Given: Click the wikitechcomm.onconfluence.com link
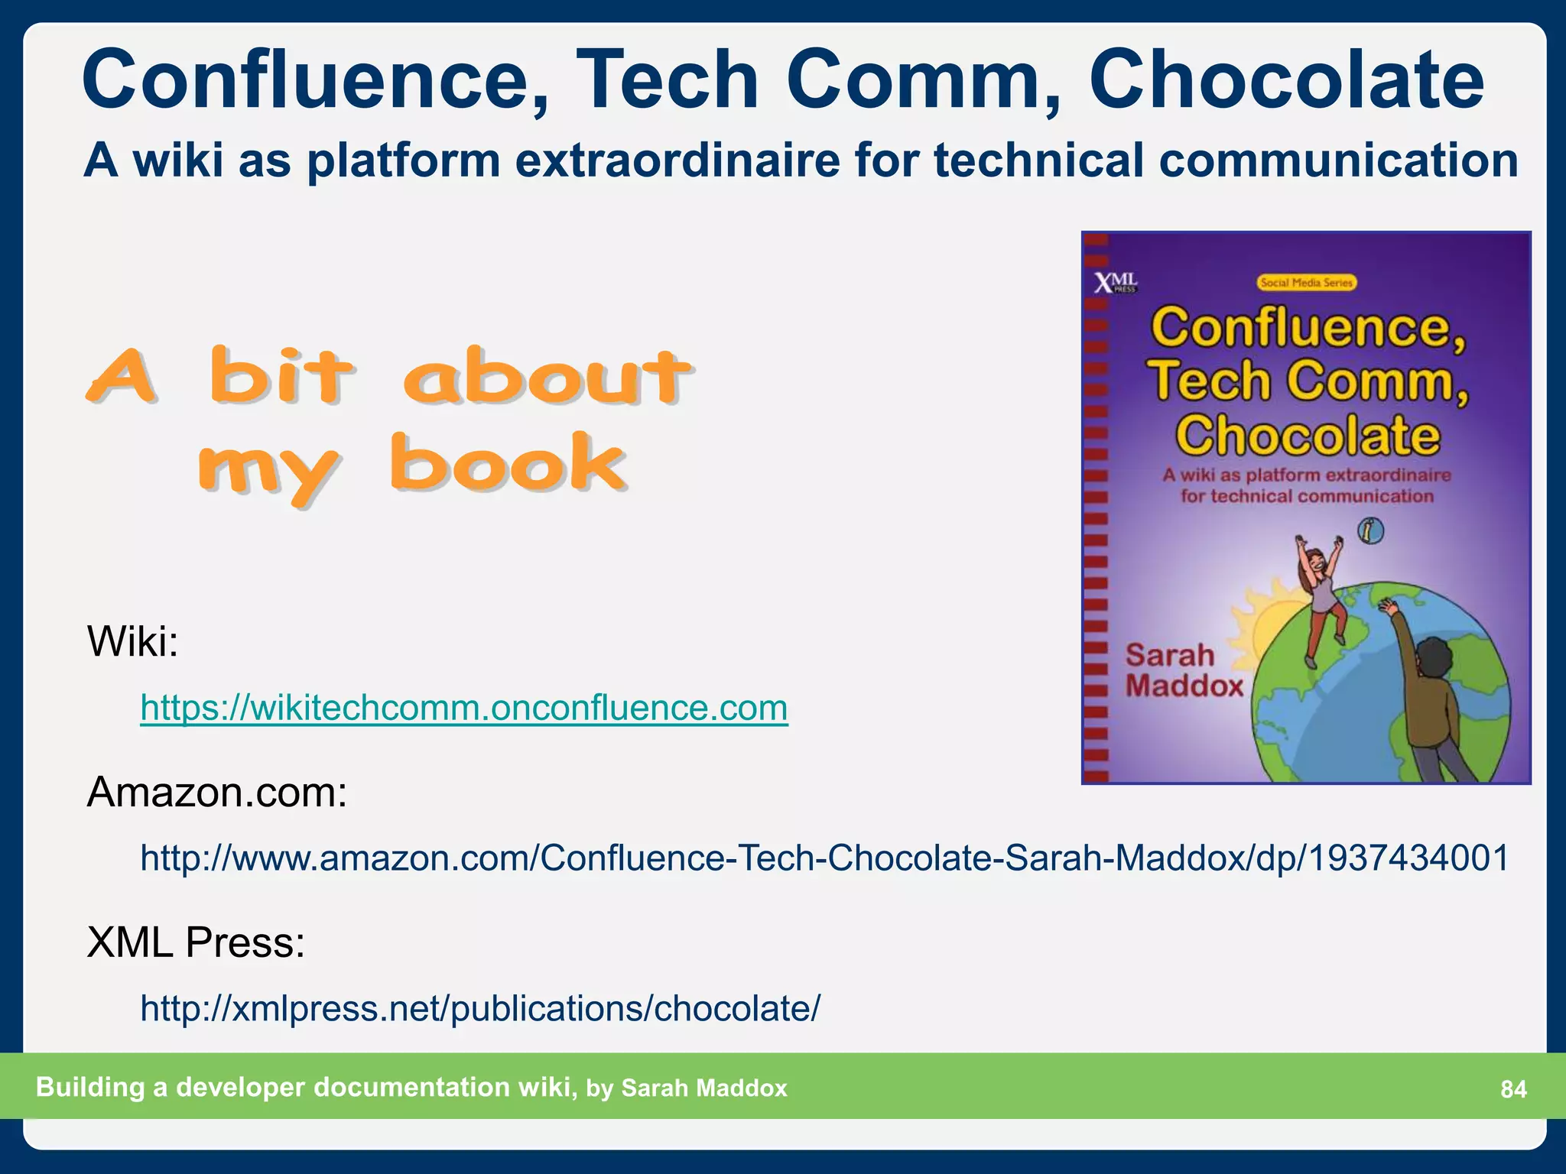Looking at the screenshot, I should (463, 708).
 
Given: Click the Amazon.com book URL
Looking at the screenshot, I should (824, 858).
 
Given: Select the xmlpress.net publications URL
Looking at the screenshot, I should (479, 1009).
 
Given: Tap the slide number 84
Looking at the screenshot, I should (1513, 1089).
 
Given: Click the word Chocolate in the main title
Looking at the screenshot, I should (1286, 80).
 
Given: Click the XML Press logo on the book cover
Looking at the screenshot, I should (1115, 284).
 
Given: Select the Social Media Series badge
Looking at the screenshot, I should (1307, 283).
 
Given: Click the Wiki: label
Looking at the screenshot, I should (132, 641).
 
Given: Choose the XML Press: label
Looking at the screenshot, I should (196, 942).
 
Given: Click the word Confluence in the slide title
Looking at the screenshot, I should (314, 80).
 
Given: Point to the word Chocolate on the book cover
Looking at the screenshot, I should (1308, 436).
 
